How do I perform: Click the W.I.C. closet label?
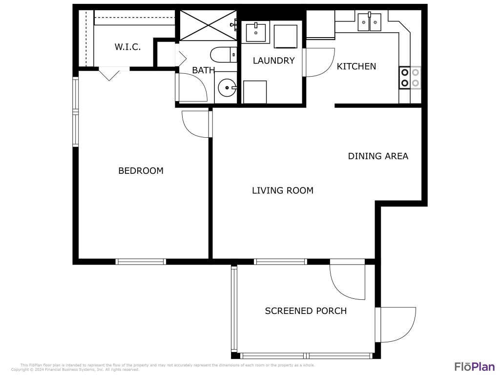pos(127,47)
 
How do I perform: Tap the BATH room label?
pos(203,70)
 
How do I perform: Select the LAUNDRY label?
pos(273,61)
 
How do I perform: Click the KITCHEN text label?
pos(356,66)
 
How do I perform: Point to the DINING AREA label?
pos(378,156)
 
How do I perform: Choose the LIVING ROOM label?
pos(282,190)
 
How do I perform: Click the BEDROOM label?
pos(141,171)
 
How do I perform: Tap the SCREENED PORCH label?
pos(306,311)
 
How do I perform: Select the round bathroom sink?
pos(227,88)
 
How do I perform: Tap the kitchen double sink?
pos(369,22)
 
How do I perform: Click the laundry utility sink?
pos(255,32)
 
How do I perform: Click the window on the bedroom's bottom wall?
pos(141,262)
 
